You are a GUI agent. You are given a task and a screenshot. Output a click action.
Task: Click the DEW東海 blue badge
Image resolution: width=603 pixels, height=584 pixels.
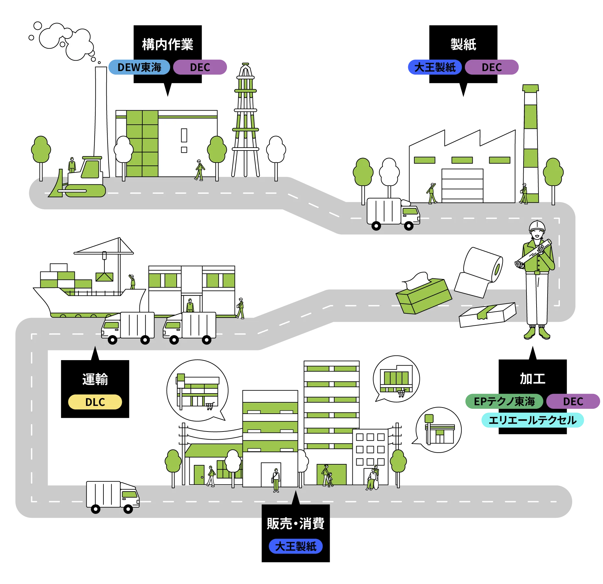click(139, 67)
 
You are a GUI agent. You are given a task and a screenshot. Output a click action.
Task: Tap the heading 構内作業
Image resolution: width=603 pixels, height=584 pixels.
click(168, 44)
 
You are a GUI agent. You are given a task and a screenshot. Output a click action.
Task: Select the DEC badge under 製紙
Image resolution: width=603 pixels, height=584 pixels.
click(491, 67)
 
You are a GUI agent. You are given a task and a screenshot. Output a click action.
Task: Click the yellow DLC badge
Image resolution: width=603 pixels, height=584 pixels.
click(95, 402)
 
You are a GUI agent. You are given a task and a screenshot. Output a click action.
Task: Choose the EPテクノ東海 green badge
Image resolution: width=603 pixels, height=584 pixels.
click(504, 401)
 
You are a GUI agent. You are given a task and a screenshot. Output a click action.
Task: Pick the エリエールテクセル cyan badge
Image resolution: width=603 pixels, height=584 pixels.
click(532, 420)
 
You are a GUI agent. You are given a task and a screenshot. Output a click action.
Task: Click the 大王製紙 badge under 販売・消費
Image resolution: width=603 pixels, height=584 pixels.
click(296, 546)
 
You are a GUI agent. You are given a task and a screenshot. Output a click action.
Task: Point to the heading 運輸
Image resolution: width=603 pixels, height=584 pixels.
click(95, 379)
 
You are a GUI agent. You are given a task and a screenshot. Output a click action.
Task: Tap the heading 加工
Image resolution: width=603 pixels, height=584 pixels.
click(532, 379)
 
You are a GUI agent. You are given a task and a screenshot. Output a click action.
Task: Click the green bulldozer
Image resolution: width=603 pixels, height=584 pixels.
click(83, 180)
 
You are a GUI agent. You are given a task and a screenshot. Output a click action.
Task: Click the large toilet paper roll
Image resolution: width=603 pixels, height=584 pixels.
click(483, 265)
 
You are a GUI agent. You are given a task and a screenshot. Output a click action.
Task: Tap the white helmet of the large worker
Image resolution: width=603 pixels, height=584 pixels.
click(537, 225)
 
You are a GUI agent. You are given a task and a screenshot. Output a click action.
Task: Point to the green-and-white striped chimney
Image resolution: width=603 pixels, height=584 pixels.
click(531, 143)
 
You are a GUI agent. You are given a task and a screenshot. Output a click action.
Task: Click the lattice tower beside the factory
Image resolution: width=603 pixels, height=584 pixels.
click(245, 123)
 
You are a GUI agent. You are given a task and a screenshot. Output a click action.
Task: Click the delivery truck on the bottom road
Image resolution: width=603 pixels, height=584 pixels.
click(112, 496)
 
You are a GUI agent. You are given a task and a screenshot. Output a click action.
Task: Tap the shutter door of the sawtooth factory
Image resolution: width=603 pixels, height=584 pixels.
click(462, 185)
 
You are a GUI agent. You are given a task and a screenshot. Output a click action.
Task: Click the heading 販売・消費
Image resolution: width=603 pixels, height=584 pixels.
click(296, 523)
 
